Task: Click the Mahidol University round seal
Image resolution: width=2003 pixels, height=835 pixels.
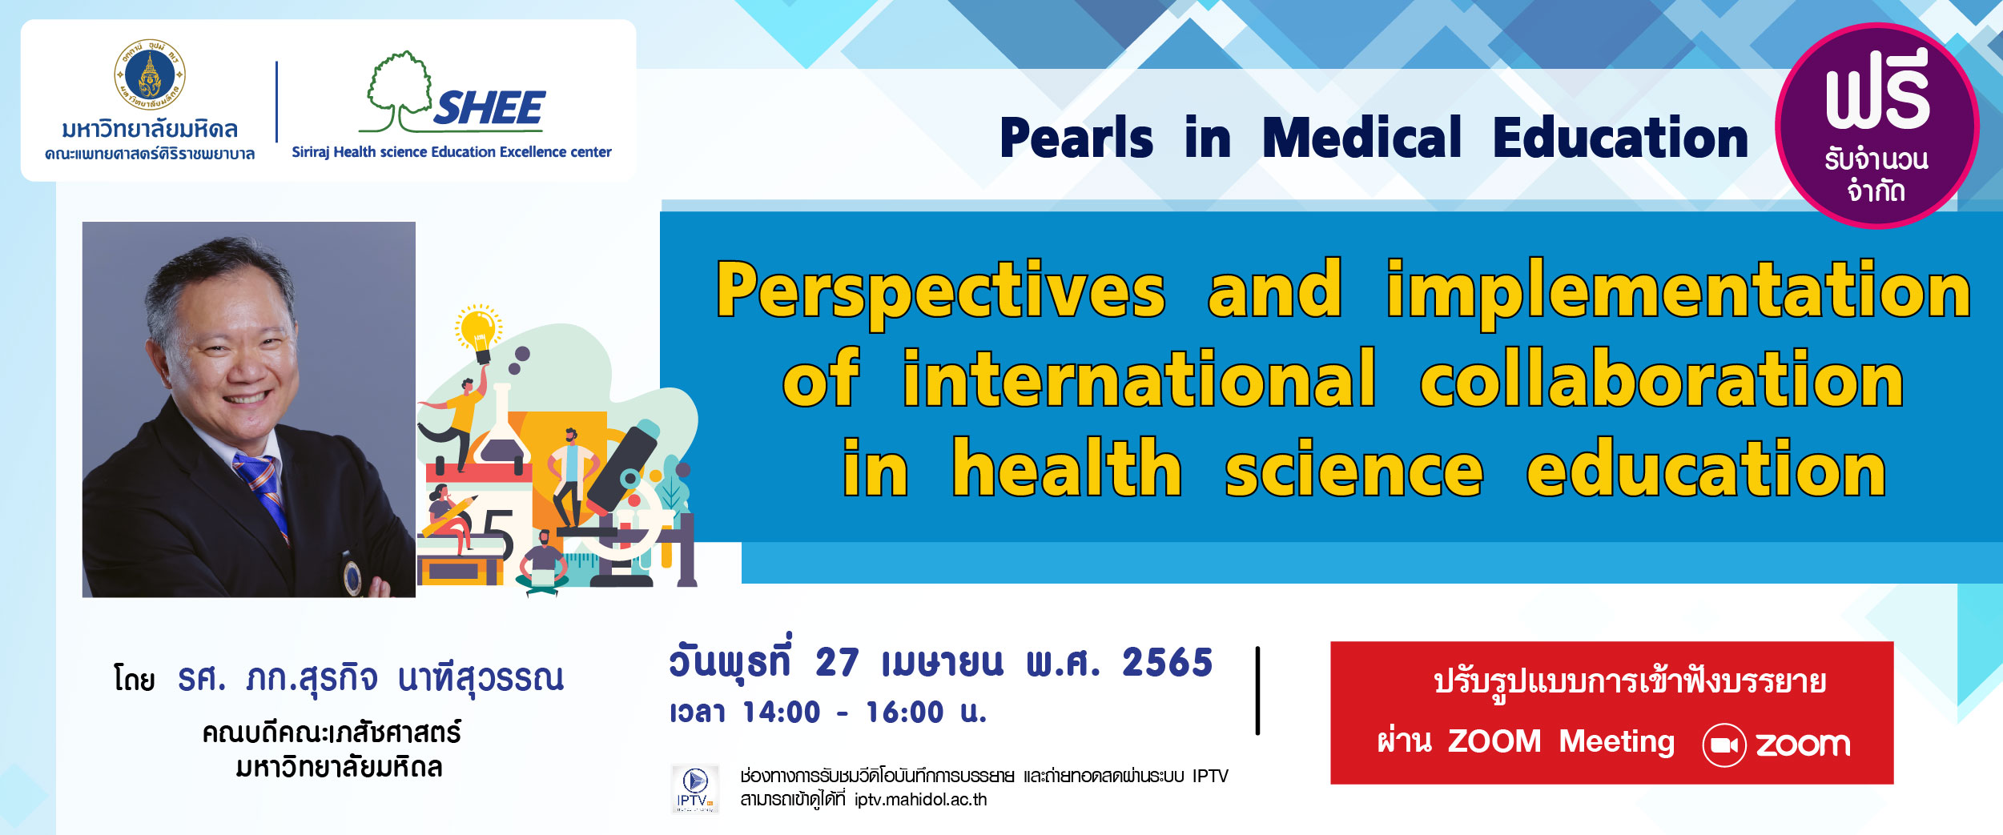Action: coord(150,74)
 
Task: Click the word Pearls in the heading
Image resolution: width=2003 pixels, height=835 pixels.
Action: coord(1076,138)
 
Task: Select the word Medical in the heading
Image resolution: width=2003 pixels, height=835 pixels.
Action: coord(1361,138)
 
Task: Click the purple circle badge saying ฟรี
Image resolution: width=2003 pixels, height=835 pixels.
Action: coord(1876,126)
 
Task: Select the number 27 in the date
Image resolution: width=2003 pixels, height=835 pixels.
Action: coord(837,663)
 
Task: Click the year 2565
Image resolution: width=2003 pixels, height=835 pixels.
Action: coord(1167,663)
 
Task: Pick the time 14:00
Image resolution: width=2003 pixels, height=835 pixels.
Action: coord(781,713)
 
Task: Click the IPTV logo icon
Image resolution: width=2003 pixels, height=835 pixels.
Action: coord(694,789)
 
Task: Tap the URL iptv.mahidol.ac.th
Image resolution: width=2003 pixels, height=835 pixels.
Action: coord(920,800)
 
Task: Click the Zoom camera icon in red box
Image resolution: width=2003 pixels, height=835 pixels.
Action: coord(1723,745)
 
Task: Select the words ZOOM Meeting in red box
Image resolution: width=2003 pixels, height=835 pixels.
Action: coord(1561,741)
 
